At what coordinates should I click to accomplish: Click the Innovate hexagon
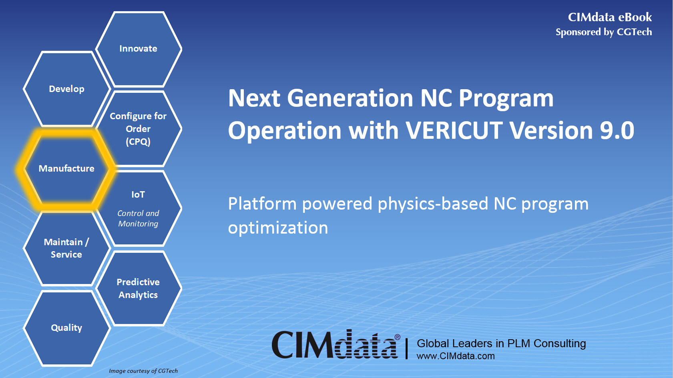[139, 49]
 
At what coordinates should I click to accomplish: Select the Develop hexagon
[67, 89]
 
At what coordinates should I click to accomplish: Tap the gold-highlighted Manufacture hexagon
[66, 168]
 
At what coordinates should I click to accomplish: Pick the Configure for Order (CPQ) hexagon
[139, 128]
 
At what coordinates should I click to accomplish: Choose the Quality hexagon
[67, 328]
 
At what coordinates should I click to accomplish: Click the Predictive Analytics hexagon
[139, 288]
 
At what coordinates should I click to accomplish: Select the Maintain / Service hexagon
[67, 248]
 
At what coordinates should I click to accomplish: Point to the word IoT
[138, 194]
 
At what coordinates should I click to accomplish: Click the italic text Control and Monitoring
[138, 218]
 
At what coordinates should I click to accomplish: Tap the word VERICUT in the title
[454, 130]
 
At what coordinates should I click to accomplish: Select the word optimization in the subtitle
[278, 228]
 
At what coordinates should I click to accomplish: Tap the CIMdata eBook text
[610, 17]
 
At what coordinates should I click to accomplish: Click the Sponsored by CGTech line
[604, 32]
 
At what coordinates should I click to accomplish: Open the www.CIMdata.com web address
[456, 356]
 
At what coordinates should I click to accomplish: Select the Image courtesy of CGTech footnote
[143, 371]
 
